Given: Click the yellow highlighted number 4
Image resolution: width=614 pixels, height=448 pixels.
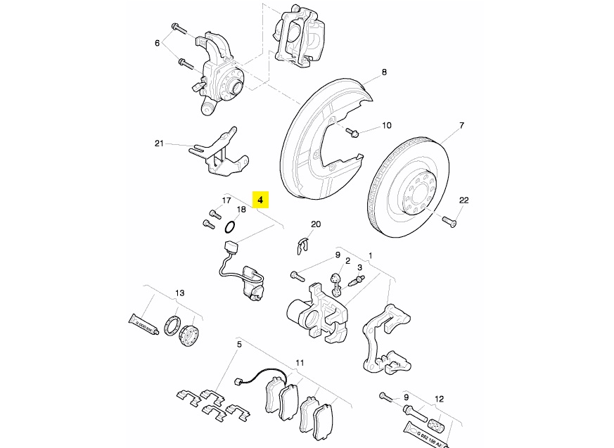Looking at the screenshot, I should [x=260, y=200].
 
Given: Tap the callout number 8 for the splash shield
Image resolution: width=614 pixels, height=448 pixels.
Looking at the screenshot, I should [x=385, y=72].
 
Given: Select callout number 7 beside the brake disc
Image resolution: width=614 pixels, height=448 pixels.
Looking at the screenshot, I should [x=462, y=126].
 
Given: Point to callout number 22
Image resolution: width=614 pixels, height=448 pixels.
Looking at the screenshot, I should [x=463, y=200].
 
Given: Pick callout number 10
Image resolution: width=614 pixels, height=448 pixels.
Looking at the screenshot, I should [x=386, y=126].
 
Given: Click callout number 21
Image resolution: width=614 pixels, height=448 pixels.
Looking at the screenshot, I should [x=159, y=143].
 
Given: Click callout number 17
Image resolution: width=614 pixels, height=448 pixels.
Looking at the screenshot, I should [x=226, y=200].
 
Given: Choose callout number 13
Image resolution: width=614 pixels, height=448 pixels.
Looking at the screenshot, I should [x=179, y=293].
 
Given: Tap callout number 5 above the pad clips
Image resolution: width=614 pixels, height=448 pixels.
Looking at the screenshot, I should [x=239, y=344].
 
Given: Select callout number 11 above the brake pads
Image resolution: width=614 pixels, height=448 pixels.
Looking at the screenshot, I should [x=300, y=362].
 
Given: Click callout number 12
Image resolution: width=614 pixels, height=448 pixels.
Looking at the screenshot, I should [x=439, y=399].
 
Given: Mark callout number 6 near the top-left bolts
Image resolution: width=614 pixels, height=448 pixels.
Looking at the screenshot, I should [x=158, y=43].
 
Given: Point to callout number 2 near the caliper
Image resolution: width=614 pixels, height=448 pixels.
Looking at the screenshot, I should [x=347, y=260].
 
